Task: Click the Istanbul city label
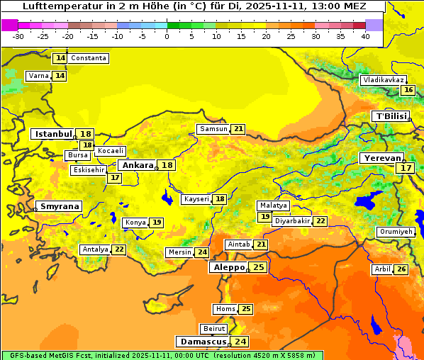tap(54, 133)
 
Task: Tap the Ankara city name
tap(138, 165)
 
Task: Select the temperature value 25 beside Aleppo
tap(258, 267)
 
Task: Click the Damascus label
tap(202, 342)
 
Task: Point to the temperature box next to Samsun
tap(238, 129)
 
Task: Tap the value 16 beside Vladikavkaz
tap(408, 90)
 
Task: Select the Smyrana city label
tap(60, 206)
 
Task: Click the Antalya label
tap(96, 249)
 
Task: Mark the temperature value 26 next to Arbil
tap(401, 269)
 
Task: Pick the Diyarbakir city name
tap(292, 221)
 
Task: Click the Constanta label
tap(89, 58)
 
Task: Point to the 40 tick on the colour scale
tap(365, 36)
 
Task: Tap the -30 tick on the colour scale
tap(18, 36)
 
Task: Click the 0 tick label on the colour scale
tap(167, 36)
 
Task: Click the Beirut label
tap(214, 329)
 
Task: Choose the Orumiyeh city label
tap(395, 232)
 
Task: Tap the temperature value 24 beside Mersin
tap(202, 252)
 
